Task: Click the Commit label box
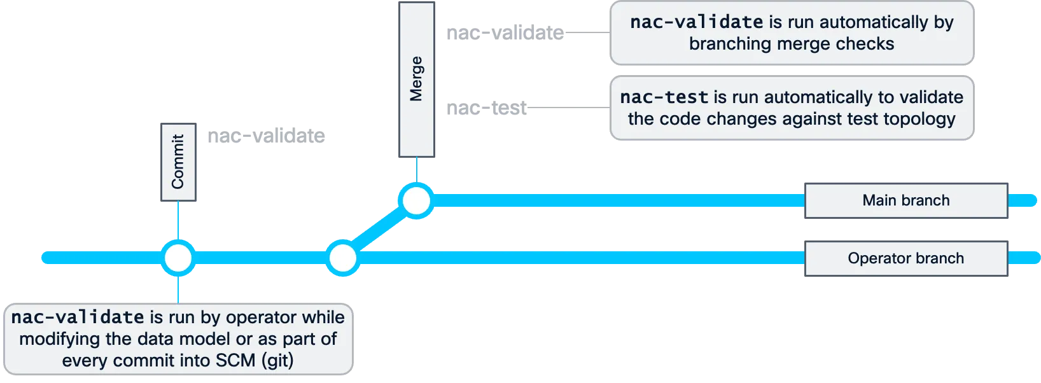[178, 162]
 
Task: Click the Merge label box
[416, 79]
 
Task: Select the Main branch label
[906, 200]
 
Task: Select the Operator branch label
[906, 258]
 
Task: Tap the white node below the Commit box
[178, 258]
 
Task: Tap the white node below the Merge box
[417, 200]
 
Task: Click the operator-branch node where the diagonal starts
[342, 258]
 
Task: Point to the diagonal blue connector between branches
[379, 230]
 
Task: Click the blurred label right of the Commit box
[264, 137]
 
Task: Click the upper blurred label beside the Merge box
[503, 32]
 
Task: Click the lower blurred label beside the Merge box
[486, 109]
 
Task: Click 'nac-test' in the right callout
[664, 97]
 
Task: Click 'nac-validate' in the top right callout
[696, 22]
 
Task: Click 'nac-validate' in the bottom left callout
[78, 317]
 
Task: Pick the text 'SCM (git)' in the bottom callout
[255, 360]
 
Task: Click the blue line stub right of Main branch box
[1024, 200]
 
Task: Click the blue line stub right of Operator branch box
[1024, 258]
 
